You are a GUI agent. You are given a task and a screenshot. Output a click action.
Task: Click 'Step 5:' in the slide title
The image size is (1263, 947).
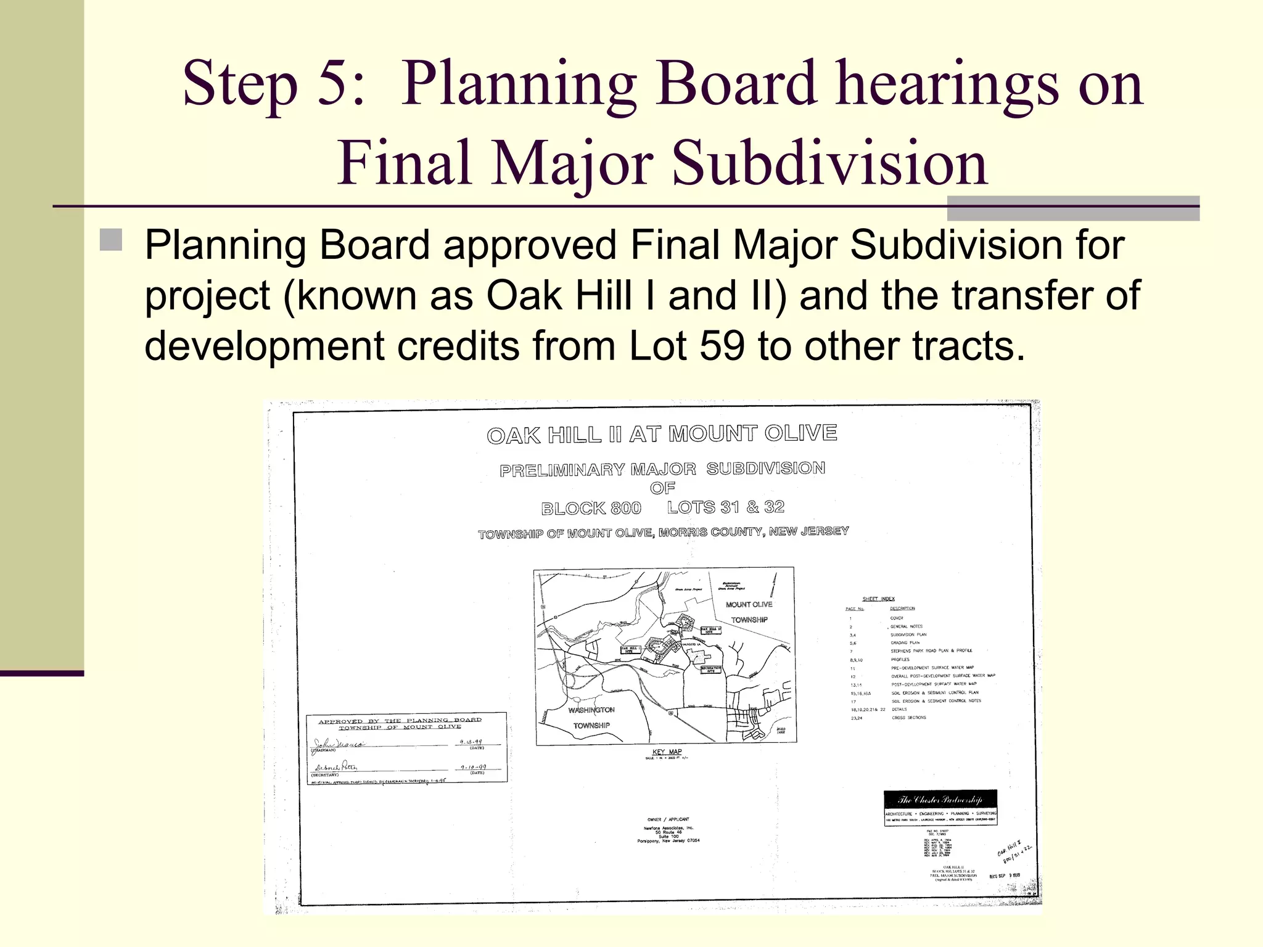(273, 84)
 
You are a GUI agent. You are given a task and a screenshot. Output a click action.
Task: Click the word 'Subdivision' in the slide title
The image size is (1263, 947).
(829, 163)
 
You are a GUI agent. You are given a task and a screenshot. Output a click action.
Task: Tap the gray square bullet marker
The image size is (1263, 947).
(111, 240)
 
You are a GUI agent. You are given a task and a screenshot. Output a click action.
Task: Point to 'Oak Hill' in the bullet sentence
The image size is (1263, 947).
(559, 295)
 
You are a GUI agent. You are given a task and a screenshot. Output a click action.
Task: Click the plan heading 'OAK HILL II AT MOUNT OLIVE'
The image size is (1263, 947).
(662, 434)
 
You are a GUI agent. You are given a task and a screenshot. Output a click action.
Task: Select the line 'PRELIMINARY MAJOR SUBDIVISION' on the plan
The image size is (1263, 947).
(662, 469)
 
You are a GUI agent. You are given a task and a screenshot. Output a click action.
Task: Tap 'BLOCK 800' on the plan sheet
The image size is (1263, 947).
(591, 509)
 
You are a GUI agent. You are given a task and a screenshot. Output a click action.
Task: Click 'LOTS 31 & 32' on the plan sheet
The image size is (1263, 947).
(725, 507)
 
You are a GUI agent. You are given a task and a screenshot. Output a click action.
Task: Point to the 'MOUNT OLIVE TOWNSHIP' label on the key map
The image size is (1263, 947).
(749, 612)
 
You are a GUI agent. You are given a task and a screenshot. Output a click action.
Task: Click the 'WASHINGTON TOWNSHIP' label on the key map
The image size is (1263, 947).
(591, 718)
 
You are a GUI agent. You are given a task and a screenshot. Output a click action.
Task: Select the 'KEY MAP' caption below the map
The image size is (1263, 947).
(667, 752)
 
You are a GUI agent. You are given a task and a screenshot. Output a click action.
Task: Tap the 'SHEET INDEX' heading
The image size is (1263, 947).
(878, 599)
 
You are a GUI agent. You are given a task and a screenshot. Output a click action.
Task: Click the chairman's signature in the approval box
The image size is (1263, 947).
(339, 744)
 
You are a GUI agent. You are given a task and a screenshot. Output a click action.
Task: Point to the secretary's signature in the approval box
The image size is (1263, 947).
(336, 768)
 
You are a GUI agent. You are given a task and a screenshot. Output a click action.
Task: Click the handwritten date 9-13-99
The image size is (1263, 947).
(471, 742)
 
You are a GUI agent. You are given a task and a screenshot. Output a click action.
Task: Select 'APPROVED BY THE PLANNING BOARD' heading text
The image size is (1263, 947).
(400, 720)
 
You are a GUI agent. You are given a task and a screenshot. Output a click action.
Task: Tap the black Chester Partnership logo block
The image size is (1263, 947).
(940, 800)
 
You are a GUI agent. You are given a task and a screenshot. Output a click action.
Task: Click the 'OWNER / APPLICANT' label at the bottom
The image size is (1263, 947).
(668, 820)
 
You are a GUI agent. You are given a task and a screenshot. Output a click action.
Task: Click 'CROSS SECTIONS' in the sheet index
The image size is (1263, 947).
(908, 718)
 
